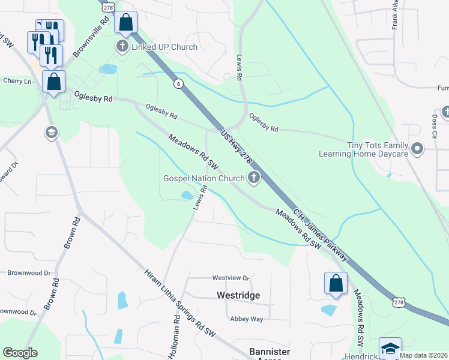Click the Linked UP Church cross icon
122,47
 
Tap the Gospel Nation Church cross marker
254,177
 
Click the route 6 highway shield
178,84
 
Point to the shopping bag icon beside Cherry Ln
53,82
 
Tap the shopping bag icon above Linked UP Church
125,23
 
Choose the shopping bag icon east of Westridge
336,283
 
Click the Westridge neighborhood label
238,296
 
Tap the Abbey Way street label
246,319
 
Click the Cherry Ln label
17,81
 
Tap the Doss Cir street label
434,127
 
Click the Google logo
20,352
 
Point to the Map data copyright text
424,355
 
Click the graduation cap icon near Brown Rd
51,131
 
